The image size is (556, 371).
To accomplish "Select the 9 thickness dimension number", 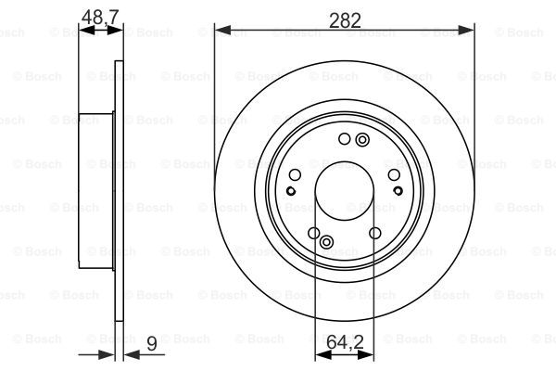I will [x=151, y=344].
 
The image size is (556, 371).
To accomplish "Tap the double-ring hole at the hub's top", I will [x=361, y=139].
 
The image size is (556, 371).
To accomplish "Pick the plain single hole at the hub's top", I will [x=344, y=139].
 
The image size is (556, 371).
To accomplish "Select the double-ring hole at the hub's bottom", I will [x=326, y=242].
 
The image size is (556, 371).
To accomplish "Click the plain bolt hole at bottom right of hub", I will [x=375, y=233].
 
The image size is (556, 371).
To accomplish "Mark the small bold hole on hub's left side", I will [x=290, y=191].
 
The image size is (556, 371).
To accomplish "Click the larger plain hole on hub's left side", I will [x=296, y=174].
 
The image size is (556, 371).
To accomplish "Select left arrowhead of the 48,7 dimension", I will [x=83, y=30].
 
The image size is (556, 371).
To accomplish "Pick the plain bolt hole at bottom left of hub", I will [x=313, y=233].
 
